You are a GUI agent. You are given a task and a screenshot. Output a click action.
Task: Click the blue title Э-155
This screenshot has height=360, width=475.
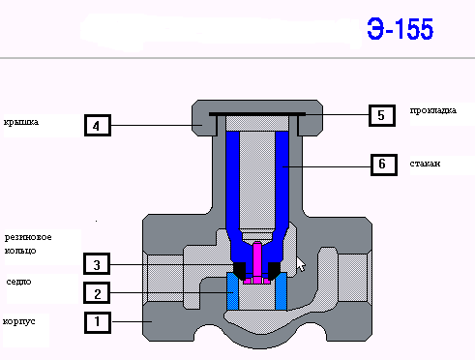(x=401, y=29)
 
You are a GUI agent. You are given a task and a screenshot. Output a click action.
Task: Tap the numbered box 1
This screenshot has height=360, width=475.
(x=98, y=322)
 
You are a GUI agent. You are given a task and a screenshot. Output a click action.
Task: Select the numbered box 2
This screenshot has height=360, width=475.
(x=97, y=293)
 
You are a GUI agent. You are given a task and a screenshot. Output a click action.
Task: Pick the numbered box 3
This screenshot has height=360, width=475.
(x=97, y=264)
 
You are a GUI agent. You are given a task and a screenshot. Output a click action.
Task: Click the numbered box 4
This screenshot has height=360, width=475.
(x=98, y=125)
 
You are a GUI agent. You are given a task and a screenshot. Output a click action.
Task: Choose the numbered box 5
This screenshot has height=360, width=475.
(x=382, y=115)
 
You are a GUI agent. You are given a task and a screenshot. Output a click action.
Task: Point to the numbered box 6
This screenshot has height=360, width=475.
(x=384, y=165)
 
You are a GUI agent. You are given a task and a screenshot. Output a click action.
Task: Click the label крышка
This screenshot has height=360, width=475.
(x=21, y=123)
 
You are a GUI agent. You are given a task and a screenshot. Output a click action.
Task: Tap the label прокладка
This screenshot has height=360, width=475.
(x=433, y=111)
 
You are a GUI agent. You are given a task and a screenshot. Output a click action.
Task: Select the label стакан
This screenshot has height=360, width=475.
(x=425, y=164)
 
